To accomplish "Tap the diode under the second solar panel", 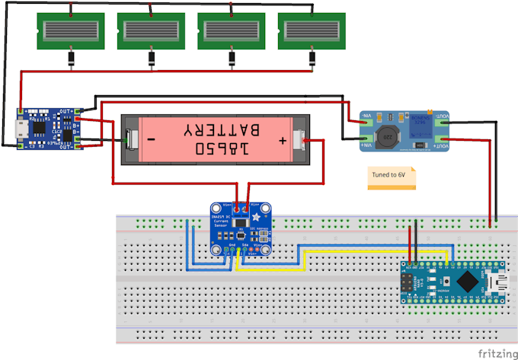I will coord(150,59).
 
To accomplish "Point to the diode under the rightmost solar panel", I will coord(310,59).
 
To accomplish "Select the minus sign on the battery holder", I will coord(151,141).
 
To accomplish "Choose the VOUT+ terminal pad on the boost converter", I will coord(443,116).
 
